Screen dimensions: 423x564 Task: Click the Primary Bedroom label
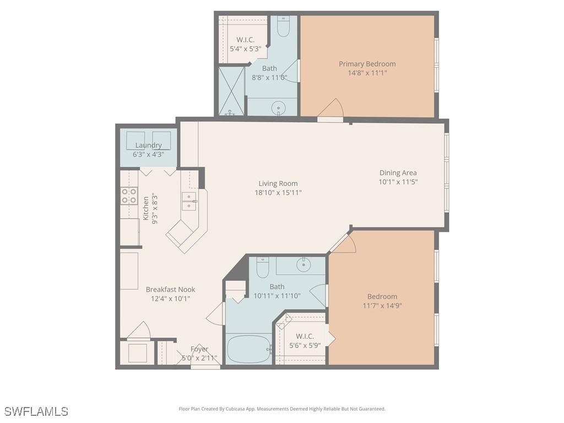pyautogui.click(x=367, y=64)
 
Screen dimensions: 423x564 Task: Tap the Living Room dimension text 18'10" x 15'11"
pyautogui.click(x=278, y=193)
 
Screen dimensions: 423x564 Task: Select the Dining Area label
pyautogui.click(x=398, y=172)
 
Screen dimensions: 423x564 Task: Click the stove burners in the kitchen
pyautogui.click(x=129, y=196)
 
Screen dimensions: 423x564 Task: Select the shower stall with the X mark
pyautogui.click(x=232, y=90)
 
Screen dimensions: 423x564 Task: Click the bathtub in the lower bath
pyautogui.click(x=248, y=349)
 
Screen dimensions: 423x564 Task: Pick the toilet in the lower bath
pyautogui.click(x=262, y=268)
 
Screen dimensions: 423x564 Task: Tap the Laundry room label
pyautogui.click(x=149, y=145)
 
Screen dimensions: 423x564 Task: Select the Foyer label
pyautogui.click(x=199, y=349)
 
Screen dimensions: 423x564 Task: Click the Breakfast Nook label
pyautogui.click(x=170, y=289)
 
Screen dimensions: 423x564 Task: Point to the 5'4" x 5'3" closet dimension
pyautogui.click(x=245, y=49)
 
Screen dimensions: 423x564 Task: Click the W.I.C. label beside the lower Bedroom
pyautogui.click(x=305, y=336)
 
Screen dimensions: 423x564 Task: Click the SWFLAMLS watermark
pyautogui.click(x=36, y=411)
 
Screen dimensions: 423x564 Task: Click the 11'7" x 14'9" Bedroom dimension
pyautogui.click(x=382, y=306)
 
